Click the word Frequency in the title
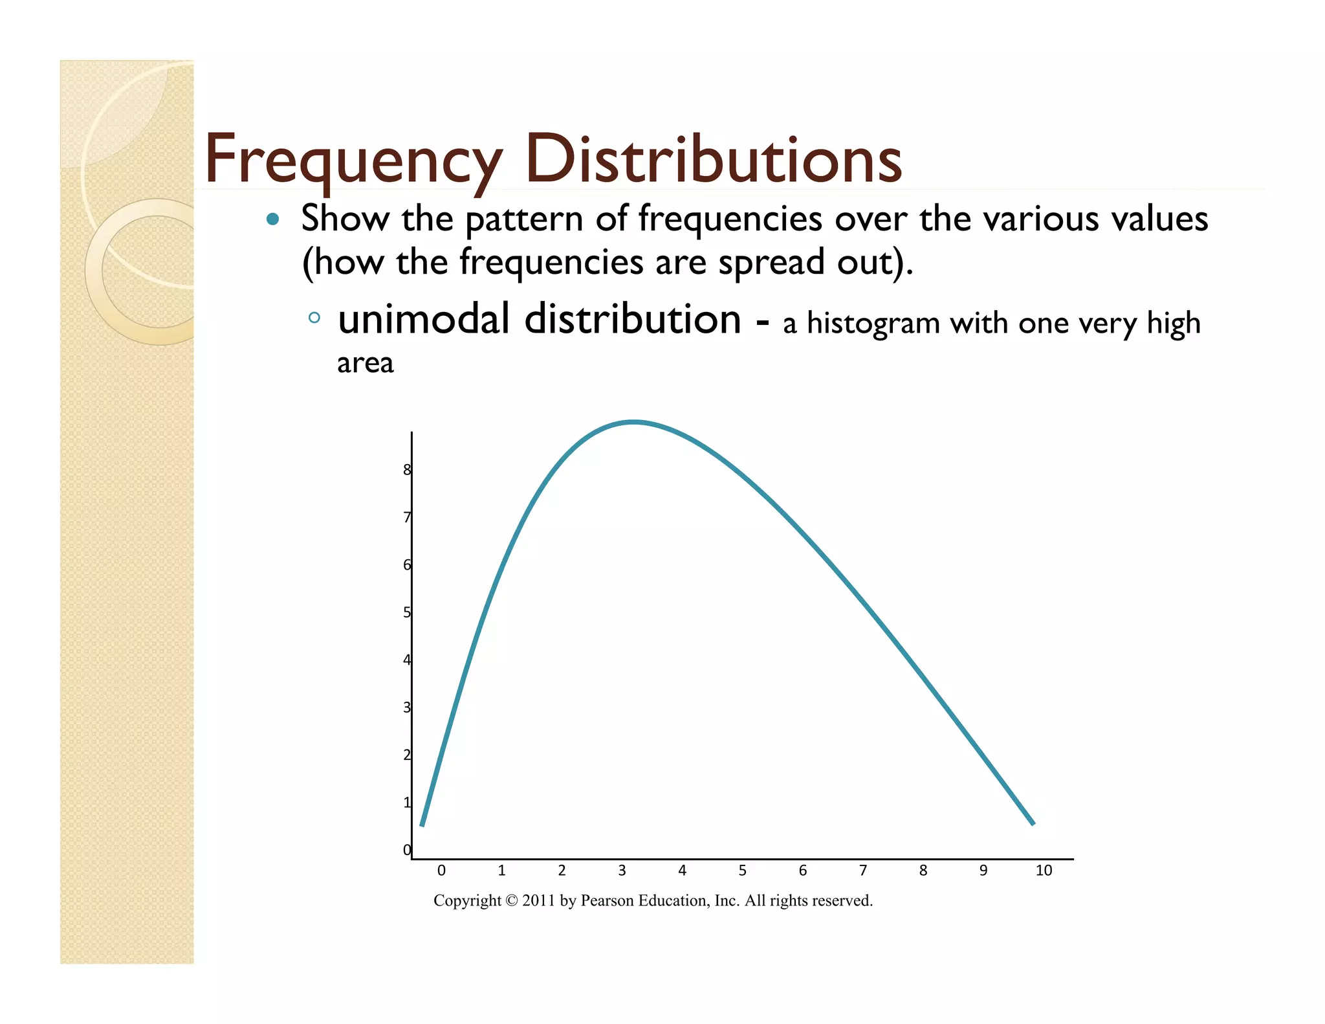tap(353, 160)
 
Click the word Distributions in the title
tap(713, 160)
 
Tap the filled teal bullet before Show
tap(272, 219)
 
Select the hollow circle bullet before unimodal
tap(314, 318)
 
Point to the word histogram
tap(873, 324)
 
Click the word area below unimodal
tap(365, 363)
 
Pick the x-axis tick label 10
tap(1043, 871)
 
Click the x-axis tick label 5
tap(742, 871)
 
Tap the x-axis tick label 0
tap(441, 871)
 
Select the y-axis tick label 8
tap(407, 470)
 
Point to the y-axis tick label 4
tap(407, 660)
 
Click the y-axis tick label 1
tap(407, 803)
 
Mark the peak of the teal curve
tap(633, 422)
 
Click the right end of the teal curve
tap(1033, 823)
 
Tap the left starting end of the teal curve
tap(422, 824)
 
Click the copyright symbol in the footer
tap(512, 901)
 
